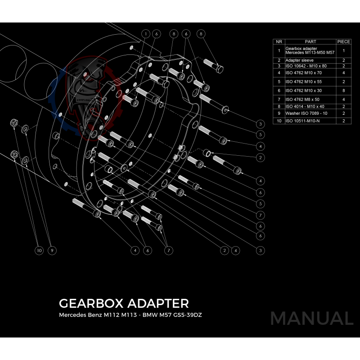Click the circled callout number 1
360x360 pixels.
coord(146,34)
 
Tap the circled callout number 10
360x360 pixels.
coord(39,250)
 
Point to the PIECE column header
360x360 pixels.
coord(343,42)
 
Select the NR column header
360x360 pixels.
coord(279,42)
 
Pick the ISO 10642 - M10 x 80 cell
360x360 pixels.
coord(306,66)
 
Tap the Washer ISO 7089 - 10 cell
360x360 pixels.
coord(306,113)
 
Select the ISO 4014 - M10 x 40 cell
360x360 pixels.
coord(305,106)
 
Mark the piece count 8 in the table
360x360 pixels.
coord(343,90)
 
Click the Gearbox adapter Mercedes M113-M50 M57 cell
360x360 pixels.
coord(310,51)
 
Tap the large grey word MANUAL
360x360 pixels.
coord(311,318)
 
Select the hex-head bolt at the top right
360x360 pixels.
coord(214,65)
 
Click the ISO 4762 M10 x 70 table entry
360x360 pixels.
coord(303,72)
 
